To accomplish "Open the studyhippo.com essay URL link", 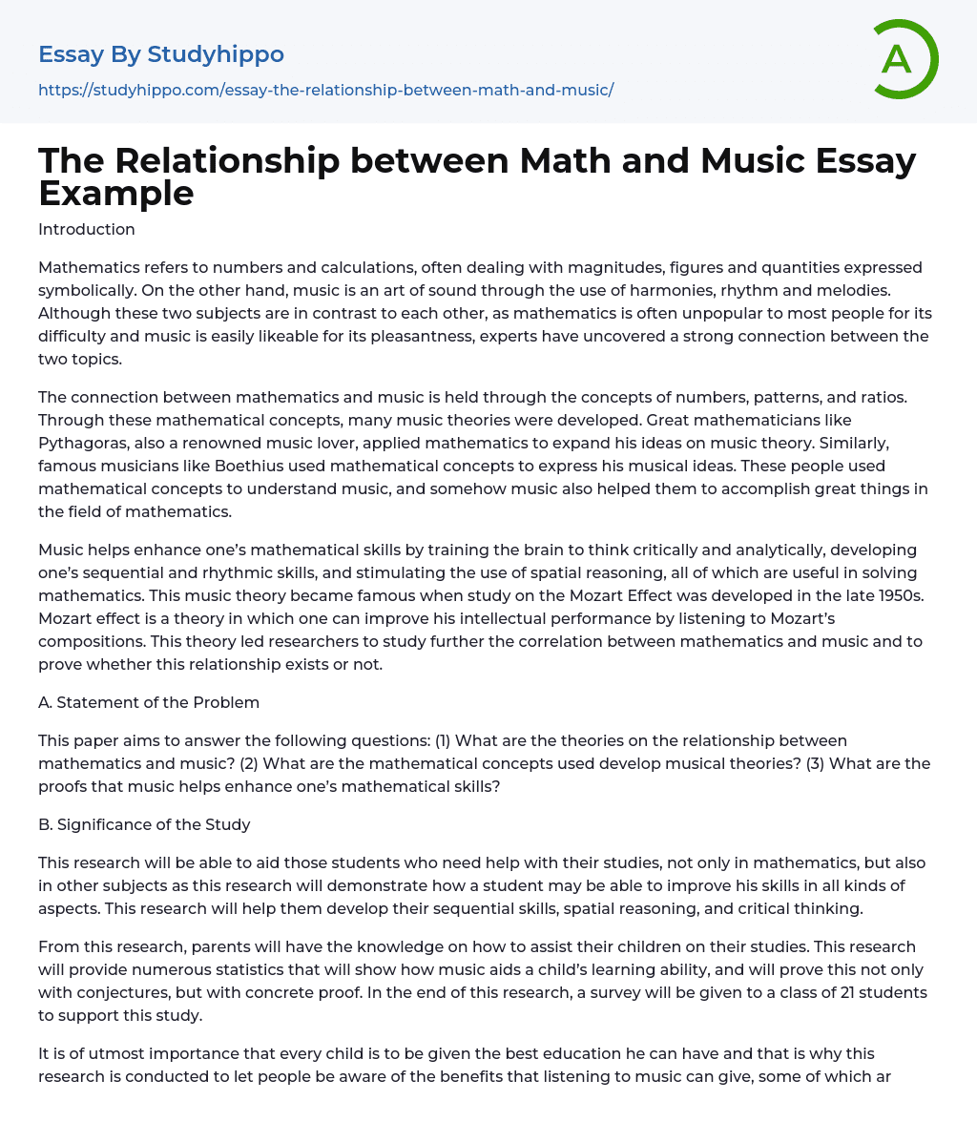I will (325, 90).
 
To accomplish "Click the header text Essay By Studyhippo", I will (161, 54).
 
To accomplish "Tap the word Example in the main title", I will (116, 194).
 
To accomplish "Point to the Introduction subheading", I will (87, 229).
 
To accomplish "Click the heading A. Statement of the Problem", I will (149, 702).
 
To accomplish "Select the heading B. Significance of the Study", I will (144, 824).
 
